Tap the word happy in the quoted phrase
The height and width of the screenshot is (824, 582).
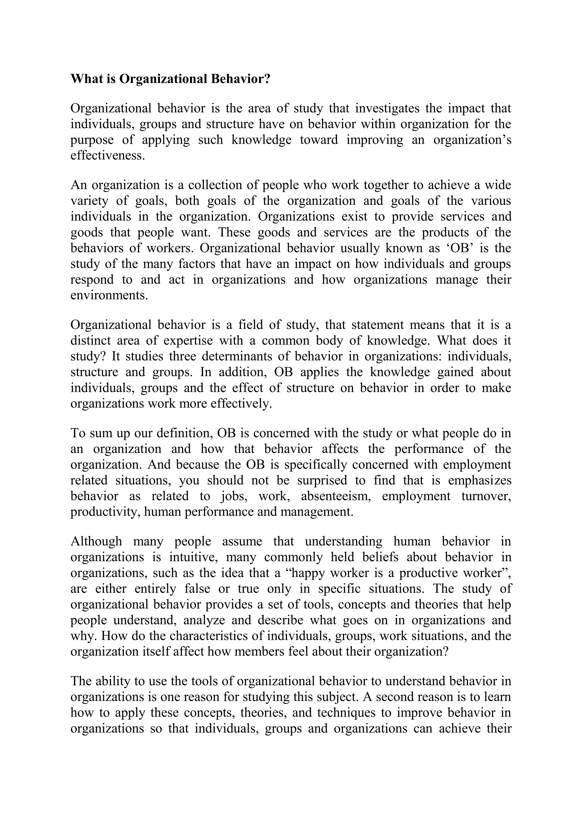tap(305, 573)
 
